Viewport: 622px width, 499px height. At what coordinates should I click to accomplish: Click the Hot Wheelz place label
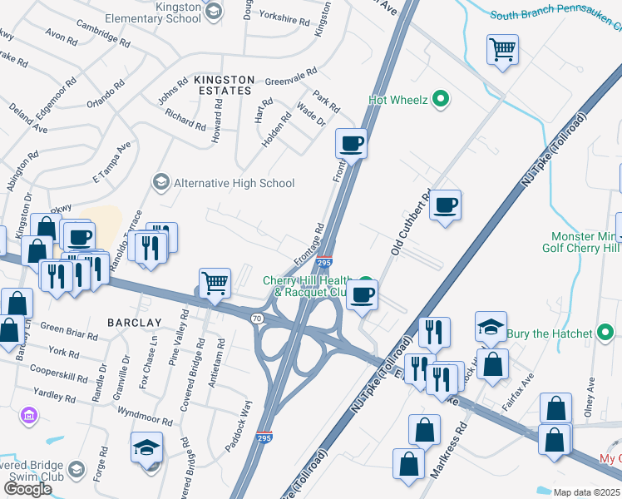point(397,101)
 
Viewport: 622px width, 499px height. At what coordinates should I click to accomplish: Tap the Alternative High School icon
point(160,182)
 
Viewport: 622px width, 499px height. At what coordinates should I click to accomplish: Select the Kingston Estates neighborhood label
point(222,84)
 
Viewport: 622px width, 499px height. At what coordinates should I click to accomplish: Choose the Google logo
point(27,489)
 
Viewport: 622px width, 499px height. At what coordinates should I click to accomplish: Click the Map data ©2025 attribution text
point(586,492)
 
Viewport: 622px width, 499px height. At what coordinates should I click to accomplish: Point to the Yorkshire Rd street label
point(284,15)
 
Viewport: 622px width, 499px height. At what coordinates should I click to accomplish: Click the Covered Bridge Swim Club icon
point(77,470)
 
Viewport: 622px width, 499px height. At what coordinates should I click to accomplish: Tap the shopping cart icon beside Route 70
point(215,284)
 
